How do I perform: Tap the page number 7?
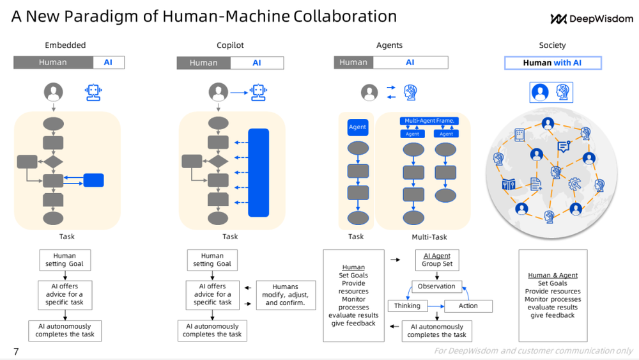click(16, 351)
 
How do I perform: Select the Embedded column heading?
click(65, 45)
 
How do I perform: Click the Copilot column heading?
click(230, 45)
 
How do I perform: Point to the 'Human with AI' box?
click(553, 63)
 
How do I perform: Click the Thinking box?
click(407, 306)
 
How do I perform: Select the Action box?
click(468, 306)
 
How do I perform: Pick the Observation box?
click(436, 286)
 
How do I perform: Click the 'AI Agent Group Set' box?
click(437, 260)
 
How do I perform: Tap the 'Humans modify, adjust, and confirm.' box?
click(286, 295)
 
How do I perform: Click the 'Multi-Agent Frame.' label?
click(429, 121)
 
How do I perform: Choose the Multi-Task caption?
click(429, 237)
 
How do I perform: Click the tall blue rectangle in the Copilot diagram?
click(259, 173)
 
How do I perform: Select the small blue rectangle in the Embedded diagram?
click(93, 180)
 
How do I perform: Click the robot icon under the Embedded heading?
click(93, 92)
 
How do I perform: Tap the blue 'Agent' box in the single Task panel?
click(358, 127)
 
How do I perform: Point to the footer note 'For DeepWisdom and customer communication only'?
click(533, 350)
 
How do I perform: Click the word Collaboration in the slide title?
click(345, 16)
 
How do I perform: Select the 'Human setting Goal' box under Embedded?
click(65, 260)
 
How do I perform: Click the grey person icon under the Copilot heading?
click(219, 93)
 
